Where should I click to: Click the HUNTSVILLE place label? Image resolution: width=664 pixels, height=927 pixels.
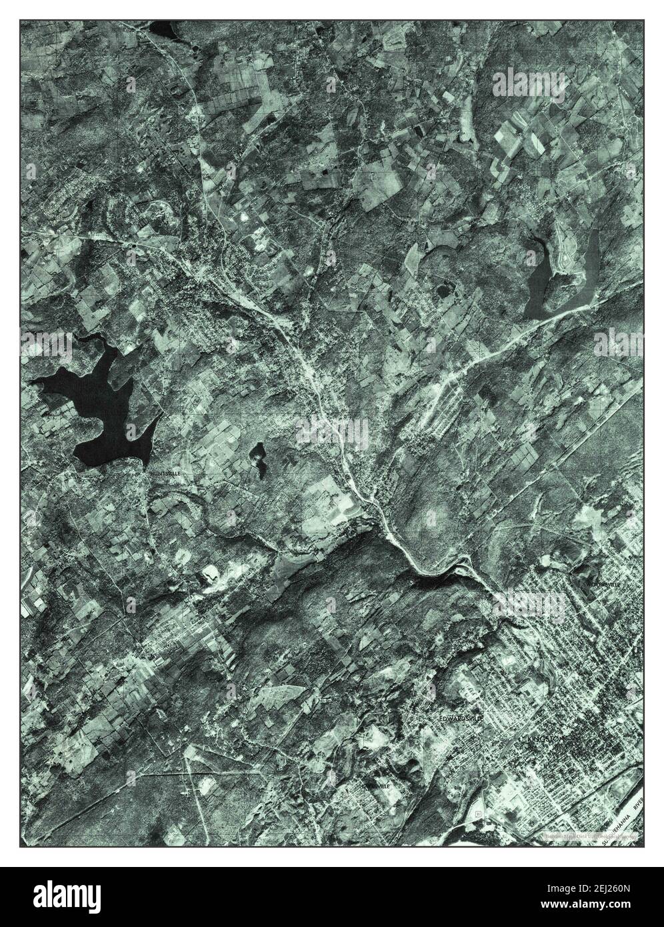click(165, 472)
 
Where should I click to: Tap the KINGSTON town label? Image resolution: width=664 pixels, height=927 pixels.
click(545, 740)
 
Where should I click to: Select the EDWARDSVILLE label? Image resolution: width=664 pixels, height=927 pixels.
click(460, 718)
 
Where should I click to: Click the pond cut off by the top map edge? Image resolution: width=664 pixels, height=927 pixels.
click(162, 29)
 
